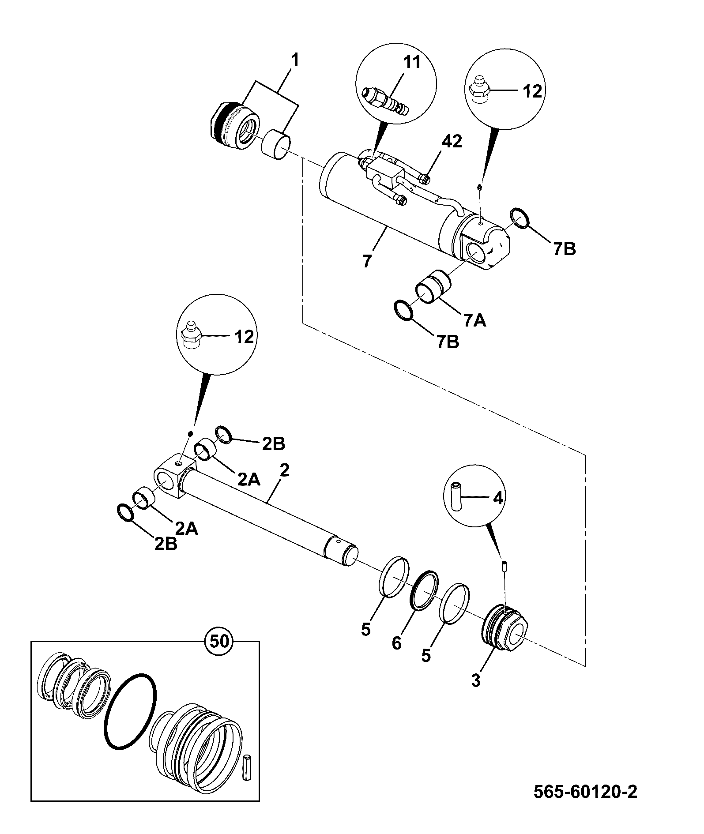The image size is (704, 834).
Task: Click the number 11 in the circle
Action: tap(412, 62)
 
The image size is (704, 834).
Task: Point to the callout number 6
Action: tap(397, 644)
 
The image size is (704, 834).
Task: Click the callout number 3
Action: tap(475, 681)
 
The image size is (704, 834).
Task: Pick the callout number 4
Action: tap(497, 498)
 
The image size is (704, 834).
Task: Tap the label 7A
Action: tap(474, 321)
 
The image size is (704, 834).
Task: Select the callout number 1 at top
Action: tap(294, 60)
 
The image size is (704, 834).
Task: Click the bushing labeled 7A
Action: tap(433, 287)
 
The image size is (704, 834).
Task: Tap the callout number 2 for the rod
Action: tap(284, 471)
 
